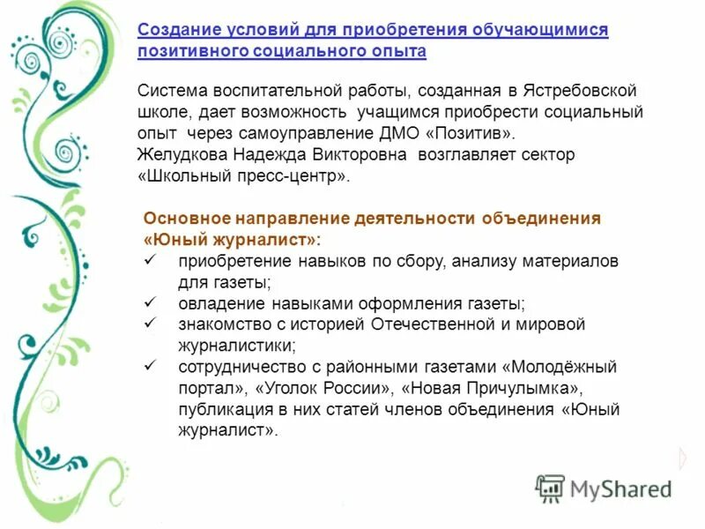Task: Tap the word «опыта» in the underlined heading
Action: (398, 51)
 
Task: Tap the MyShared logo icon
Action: (550, 488)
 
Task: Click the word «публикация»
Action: (222, 409)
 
